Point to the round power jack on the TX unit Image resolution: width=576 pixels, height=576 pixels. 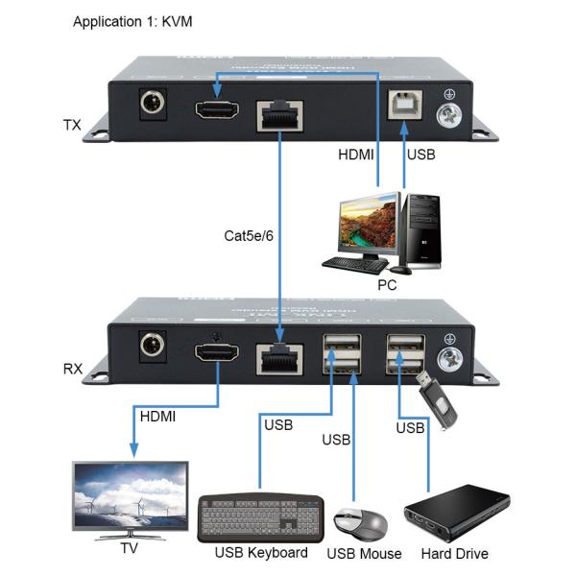151,105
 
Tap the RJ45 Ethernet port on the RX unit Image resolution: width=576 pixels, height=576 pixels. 279,357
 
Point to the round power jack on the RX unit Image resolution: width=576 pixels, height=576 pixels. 151,347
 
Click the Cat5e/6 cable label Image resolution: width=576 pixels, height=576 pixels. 247,235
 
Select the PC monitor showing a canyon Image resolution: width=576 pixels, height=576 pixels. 363,228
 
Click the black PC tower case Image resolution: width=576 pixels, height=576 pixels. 420,230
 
